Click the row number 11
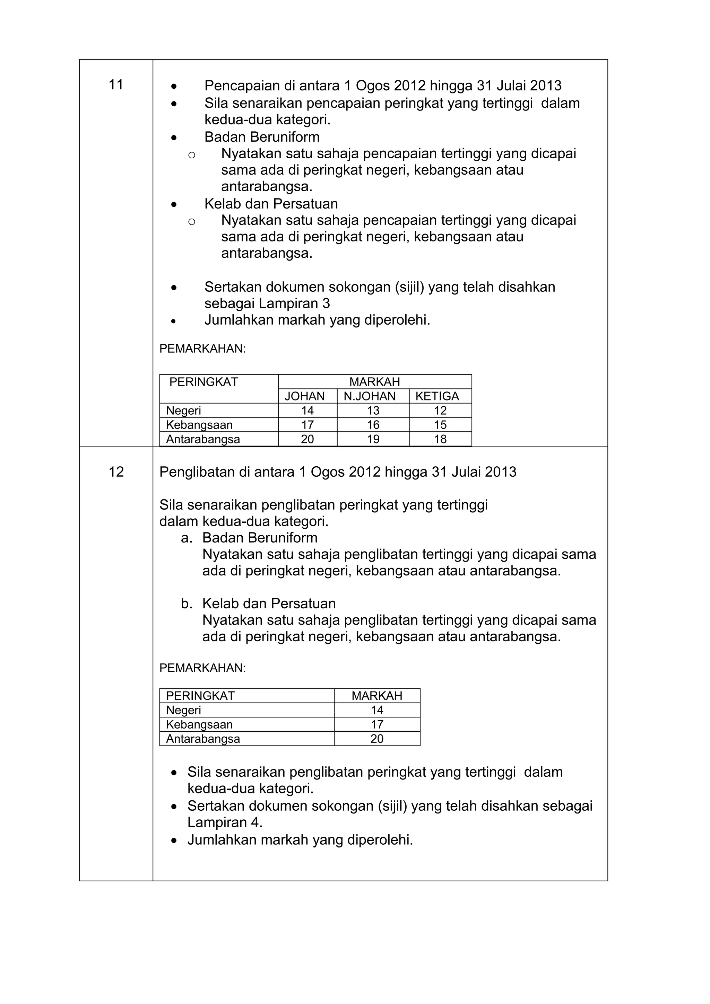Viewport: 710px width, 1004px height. (116, 85)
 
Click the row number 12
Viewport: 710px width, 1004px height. (116, 472)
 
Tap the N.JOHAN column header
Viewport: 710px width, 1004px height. (369, 396)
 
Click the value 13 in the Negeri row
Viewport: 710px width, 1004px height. (373, 411)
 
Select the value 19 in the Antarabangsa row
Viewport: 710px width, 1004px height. (373, 439)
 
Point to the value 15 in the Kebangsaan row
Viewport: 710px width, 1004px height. (440, 425)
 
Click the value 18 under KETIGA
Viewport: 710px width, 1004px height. (440, 439)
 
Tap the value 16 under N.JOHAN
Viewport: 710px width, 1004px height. (373, 425)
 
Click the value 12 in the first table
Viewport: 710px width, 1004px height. (440, 411)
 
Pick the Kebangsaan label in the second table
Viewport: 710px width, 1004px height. (199, 724)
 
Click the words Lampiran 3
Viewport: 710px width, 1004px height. (294, 303)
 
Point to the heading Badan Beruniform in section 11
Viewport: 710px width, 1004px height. (262, 137)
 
